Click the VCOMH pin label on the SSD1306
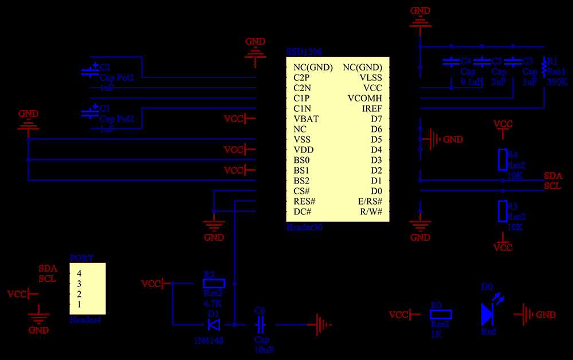pos(364,98)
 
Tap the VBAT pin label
pos(306,119)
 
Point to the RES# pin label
pos(304,201)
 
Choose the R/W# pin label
pos(371,212)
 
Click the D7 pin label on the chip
pos(376,119)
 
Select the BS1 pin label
pos(301,170)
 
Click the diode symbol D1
pos(214,325)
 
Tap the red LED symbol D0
pos(488,314)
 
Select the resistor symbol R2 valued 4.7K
pos(214,283)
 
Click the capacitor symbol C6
pos(260,325)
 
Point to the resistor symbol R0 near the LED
pos(441,314)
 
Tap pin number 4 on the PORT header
pos(80,273)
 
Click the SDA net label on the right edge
pos(553,175)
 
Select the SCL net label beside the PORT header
pos(47,279)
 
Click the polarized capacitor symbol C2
pos(91,72)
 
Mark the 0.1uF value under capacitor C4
pos(471,82)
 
